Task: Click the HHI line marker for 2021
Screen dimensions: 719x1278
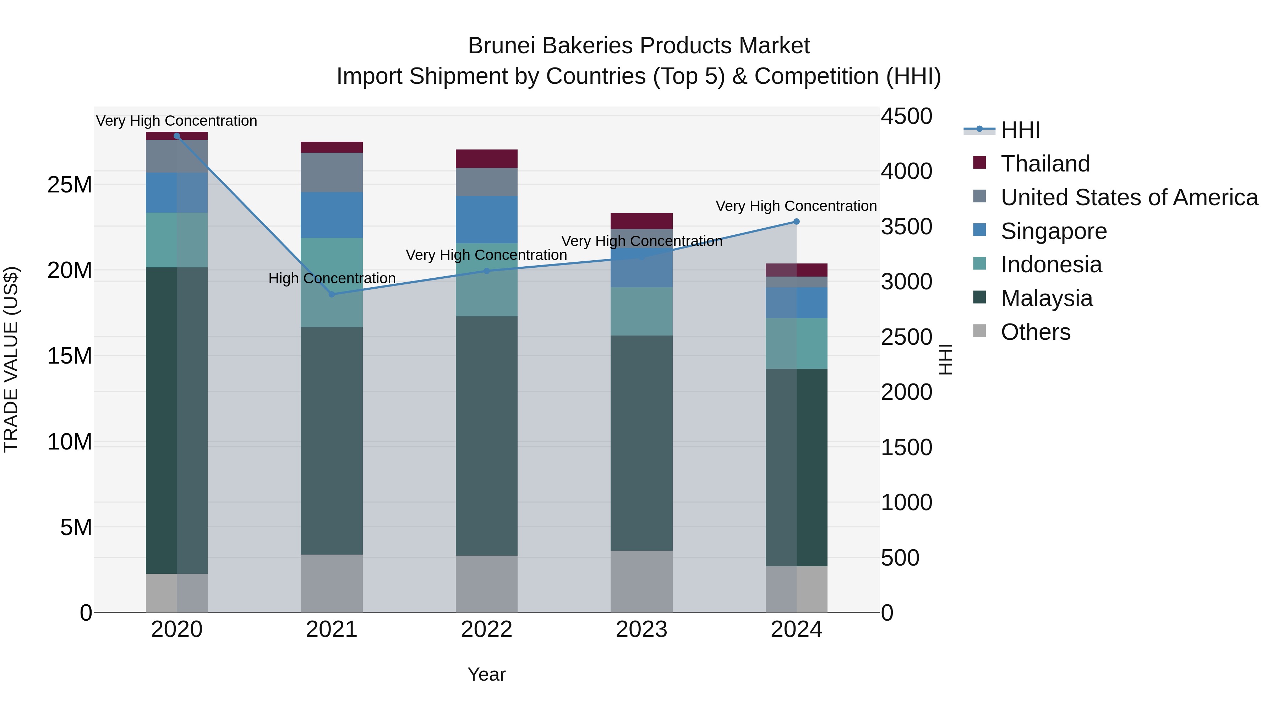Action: tap(332, 294)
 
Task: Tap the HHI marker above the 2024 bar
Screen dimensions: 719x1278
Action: tap(796, 222)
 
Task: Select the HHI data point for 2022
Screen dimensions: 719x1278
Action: tap(486, 271)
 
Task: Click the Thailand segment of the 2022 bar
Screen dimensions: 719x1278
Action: tap(486, 159)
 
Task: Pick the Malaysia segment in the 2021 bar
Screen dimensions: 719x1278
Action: tap(332, 441)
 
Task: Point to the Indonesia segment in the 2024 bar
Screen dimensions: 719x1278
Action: tap(796, 343)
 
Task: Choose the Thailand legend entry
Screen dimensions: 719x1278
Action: tap(1045, 164)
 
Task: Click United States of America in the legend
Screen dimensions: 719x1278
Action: tap(1129, 197)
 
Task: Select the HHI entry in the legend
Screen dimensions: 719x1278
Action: tap(1020, 130)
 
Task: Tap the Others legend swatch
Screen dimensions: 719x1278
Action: tap(979, 331)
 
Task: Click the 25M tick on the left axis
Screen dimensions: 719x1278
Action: tap(70, 185)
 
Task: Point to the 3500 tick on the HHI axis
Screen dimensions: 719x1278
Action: tap(906, 227)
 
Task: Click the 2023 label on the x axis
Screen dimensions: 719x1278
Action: tap(641, 630)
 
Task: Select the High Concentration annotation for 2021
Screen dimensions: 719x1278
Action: tap(332, 278)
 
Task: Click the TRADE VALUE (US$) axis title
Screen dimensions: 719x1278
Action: tap(11, 359)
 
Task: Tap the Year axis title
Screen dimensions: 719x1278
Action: tap(486, 674)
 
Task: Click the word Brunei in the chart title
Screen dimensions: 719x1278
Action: tap(501, 46)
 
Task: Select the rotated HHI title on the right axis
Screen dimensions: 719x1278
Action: tap(946, 359)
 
